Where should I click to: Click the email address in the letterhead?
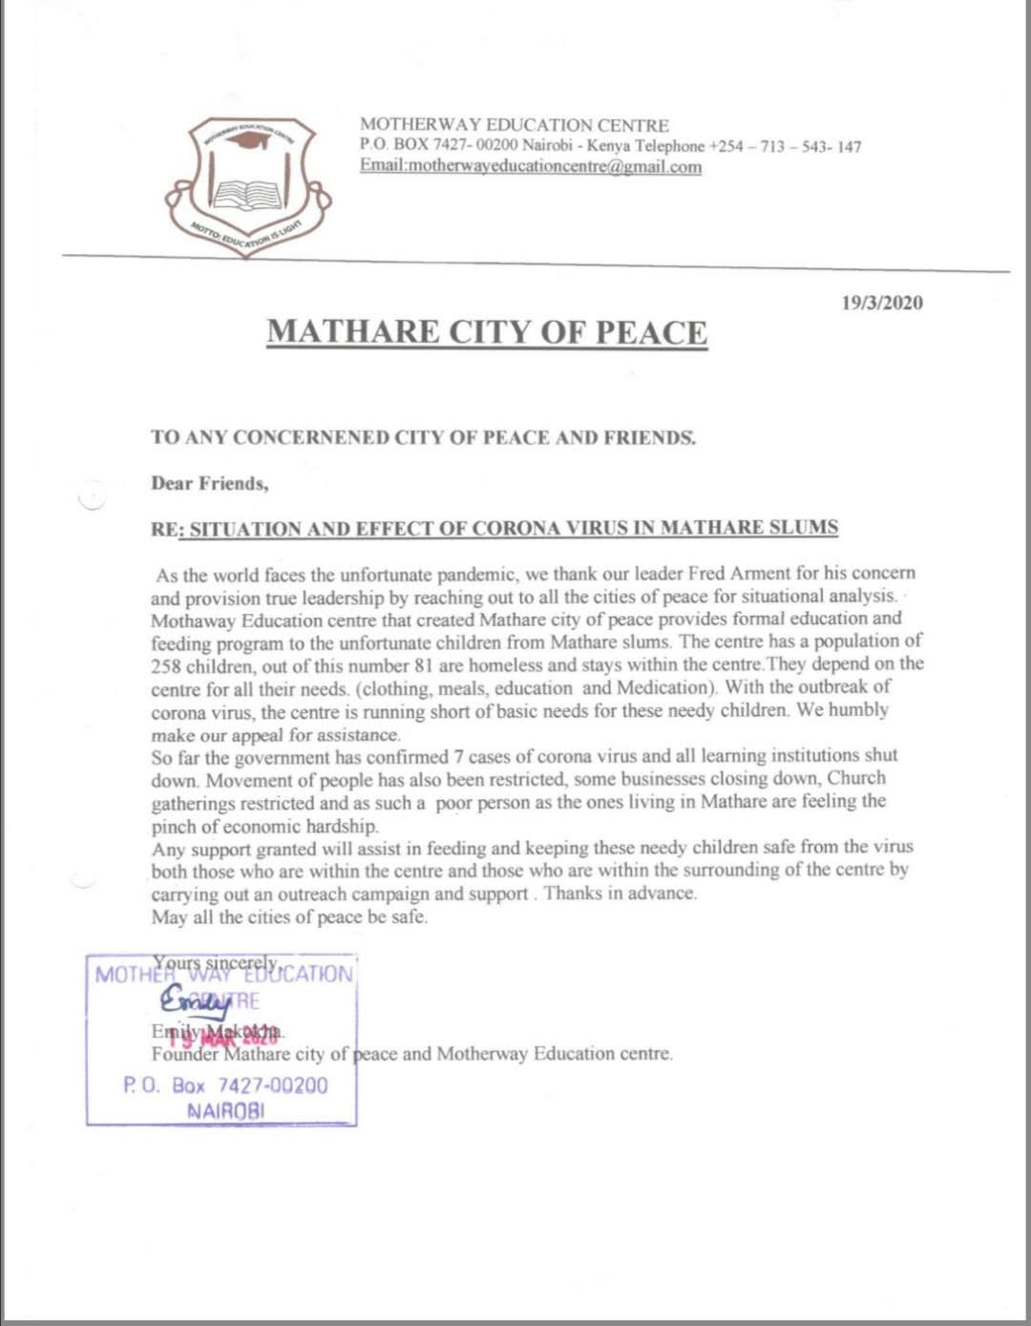tap(531, 166)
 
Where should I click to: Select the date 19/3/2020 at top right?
tap(882, 303)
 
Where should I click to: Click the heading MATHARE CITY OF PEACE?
tap(487, 331)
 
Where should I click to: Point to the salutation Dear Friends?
tap(209, 483)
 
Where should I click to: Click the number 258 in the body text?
tap(167, 664)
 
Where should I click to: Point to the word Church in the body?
tap(856, 778)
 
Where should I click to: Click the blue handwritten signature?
tap(197, 1001)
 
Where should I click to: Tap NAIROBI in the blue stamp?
tap(226, 1111)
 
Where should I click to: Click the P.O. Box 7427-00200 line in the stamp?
tap(225, 1085)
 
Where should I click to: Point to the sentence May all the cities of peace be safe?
tap(289, 917)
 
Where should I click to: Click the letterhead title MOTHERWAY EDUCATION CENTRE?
tap(515, 125)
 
